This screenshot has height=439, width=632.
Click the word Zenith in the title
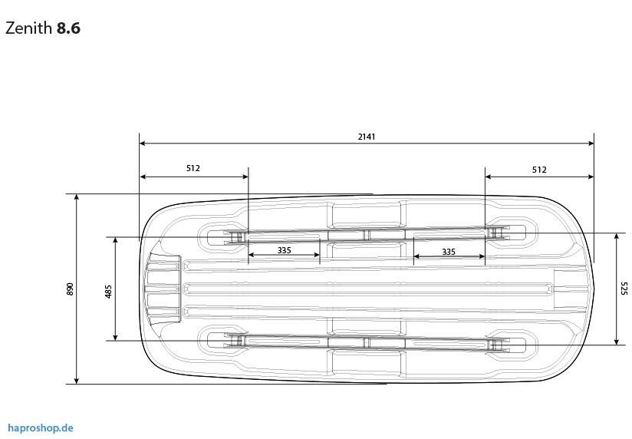click(x=28, y=28)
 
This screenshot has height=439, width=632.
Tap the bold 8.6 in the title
click(x=68, y=28)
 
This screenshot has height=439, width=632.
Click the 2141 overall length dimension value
click(x=367, y=137)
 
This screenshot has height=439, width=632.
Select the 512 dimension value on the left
click(x=193, y=168)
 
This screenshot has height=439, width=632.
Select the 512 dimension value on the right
click(x=539, y=170)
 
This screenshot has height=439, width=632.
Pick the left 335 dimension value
click(x=284, y=250)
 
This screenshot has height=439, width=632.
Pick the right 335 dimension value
click(x=449, y=252)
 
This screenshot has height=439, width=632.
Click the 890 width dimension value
click(x=70, y=289)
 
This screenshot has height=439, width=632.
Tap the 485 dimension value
click(x=108, y=292)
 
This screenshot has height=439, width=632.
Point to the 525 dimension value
click(x=623, y=288)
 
